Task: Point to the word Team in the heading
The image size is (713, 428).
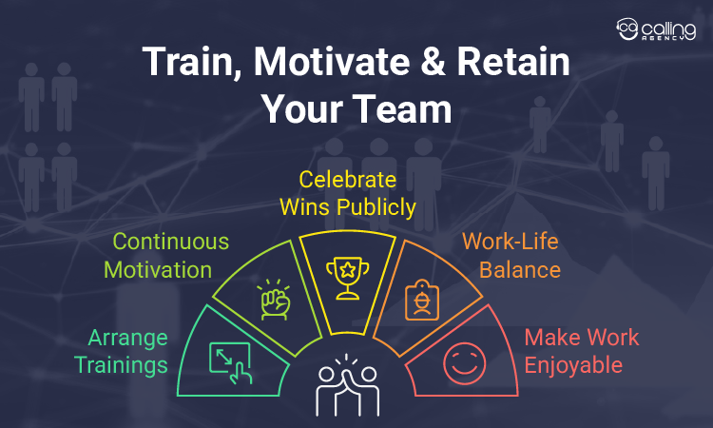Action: (x=404, y=108)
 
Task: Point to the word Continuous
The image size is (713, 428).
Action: (x=171, y=242)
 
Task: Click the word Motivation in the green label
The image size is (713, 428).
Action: (x=158, y=269)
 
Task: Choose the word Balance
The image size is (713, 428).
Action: (x=519, y=269)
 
